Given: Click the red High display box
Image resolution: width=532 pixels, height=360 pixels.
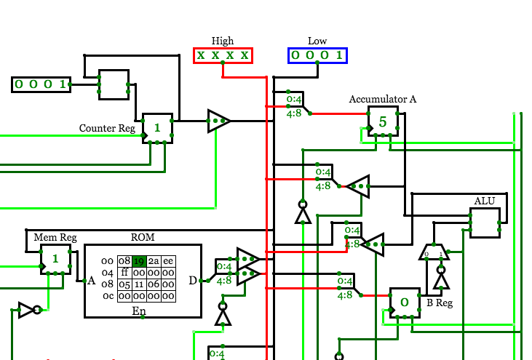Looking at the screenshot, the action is tap(223, 55).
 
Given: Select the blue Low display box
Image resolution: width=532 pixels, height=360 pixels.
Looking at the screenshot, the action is tap(317, 55).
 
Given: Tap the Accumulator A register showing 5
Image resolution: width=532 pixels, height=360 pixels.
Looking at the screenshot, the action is tap(383, 121).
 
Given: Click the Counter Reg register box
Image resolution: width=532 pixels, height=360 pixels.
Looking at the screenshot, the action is tap(157, 128).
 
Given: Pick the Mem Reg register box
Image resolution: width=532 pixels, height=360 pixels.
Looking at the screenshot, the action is tap(55, 259).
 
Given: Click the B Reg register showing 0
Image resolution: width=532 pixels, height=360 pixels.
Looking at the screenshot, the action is tap(405, 303).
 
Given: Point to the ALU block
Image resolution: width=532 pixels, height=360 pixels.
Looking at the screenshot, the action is tap(485, 223).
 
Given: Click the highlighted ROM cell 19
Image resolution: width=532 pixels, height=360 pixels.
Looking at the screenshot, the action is tap(139, 261).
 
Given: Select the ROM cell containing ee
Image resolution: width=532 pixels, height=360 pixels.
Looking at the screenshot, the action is tap(168, 261).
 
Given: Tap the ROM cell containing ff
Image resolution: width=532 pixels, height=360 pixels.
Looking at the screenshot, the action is tap(124, 273).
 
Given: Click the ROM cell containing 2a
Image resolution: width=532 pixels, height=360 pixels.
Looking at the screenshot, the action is tap(154, 261).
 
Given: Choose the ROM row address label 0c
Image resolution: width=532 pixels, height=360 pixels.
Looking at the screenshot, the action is tap(108, 296).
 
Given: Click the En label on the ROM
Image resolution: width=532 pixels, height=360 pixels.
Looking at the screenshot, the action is tap(139, 311).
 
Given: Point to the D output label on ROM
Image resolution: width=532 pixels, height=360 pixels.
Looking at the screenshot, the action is tap(193, 280).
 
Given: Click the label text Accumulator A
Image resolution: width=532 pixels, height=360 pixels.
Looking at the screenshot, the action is tap(383, 99).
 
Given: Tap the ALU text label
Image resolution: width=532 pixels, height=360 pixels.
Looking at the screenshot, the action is tap(485, 201).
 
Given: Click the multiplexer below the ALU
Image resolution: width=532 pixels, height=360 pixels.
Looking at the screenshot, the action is tap(434, 252).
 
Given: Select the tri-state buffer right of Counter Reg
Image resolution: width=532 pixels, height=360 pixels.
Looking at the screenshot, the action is tap(219, 121).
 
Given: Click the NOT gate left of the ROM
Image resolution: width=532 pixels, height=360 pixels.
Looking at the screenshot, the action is tap(30, 310).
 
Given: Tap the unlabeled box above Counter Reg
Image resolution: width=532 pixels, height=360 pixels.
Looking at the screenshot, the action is tap(114, 84).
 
